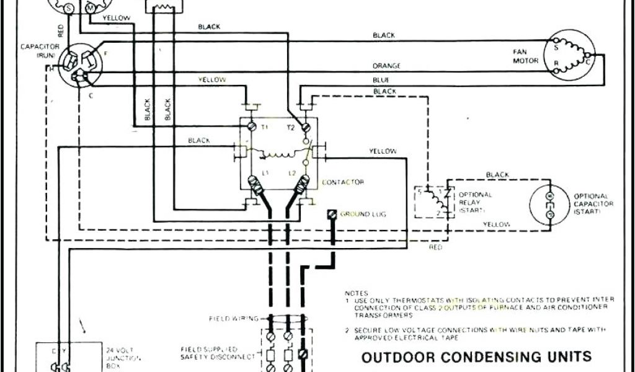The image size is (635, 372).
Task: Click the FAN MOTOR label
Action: [519, 56]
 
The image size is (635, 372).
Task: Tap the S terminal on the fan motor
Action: [555, 45]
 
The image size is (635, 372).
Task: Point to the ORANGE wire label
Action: [386, 66]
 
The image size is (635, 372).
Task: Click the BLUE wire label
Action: [381, 80]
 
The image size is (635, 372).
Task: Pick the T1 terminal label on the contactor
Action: [264, 126]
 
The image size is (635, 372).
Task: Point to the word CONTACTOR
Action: [343, 182]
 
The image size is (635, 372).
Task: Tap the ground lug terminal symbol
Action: [332, 214]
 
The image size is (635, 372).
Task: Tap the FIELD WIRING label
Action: [235, 319]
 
